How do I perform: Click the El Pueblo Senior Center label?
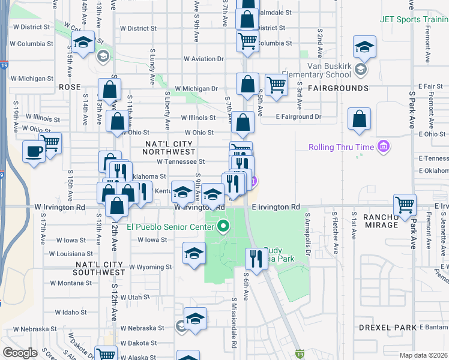[x=170, y=227]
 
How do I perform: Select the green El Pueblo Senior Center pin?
[x=224, y=227]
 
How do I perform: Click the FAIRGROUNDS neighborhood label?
[x=339, y=88]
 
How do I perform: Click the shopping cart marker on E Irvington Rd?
[x=405, y=204]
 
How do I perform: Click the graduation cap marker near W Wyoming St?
[x=194, y=254]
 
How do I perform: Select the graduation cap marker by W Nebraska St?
[x=195, y=319]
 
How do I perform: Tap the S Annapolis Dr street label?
[x=308, y=229]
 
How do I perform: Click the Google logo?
[x=20, y=353]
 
